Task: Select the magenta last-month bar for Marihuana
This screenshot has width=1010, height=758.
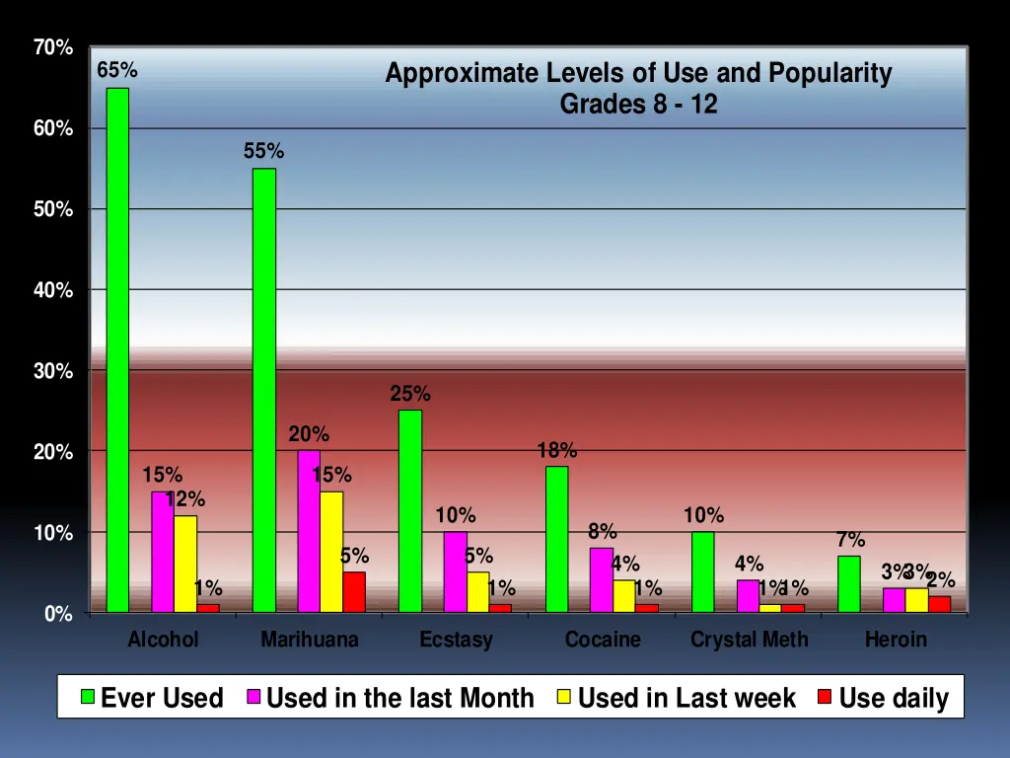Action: pos(309,532)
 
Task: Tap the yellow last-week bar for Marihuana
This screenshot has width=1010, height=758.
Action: pos(331,552)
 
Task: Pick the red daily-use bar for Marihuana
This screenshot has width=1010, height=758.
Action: pos(354,592)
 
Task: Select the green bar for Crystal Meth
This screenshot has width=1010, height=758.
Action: pos(702,572)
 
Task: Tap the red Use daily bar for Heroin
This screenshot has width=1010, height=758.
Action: pos(940,604)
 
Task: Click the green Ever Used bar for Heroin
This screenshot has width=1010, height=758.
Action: pos(848,584)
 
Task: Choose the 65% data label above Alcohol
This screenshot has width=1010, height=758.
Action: pos(117,71)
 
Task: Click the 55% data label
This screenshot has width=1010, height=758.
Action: pos(264,151)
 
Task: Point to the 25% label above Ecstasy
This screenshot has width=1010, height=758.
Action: pos(410,394)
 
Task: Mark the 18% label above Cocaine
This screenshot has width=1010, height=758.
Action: pos(557,450)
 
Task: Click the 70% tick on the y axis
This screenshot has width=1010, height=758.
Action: pos(52,47)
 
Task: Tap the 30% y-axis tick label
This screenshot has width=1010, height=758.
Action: pos(52,371)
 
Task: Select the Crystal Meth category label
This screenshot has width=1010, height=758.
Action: pos(749,640)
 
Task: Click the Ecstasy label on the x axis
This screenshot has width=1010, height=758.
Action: pos(456,640)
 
